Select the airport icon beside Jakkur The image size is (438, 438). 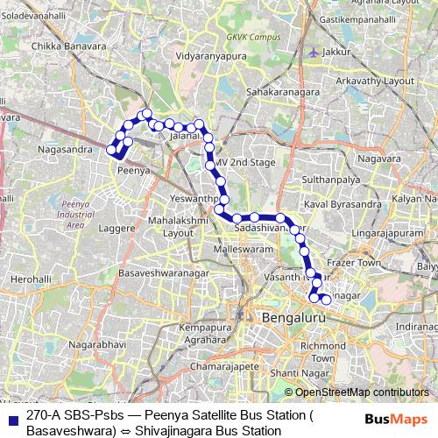tap(314, 51)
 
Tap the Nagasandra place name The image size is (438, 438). tap(66, 150)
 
